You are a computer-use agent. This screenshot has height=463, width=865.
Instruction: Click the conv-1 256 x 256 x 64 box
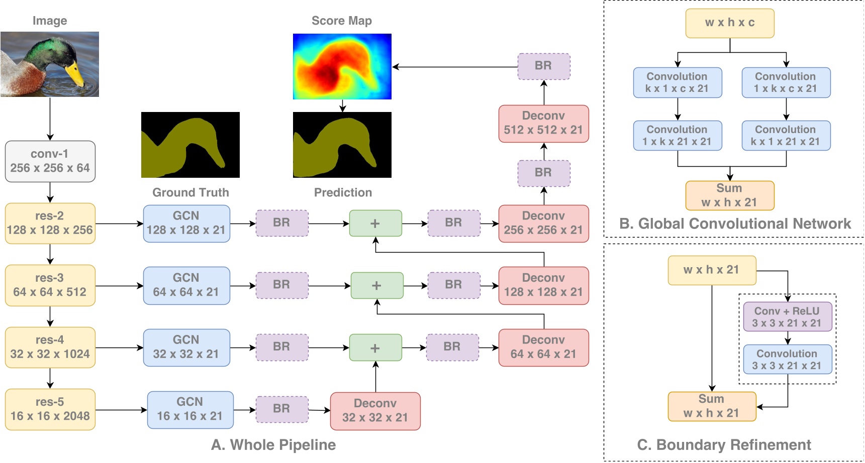coord(50,161)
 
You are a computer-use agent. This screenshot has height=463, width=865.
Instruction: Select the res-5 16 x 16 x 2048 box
coord(50,409)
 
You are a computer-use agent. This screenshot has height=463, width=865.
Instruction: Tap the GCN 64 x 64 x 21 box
coord(186,285)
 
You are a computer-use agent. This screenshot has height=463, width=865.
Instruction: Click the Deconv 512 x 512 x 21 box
coord(543,124)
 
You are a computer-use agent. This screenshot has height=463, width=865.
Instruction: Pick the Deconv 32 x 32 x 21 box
coord(375,411)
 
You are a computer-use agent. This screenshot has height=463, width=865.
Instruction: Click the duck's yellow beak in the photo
coord(75,73)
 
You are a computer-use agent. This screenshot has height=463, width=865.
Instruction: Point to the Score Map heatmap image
coord(342,66)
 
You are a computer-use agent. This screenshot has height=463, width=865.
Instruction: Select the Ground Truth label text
coord(190,192)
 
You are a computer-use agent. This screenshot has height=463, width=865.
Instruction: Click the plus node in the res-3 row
coord(376,285)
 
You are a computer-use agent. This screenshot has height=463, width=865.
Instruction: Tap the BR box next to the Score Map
coord(543,66)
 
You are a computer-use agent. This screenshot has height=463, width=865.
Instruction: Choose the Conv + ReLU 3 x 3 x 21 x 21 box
coord(787,317)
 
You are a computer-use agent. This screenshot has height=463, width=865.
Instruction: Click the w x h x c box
coord(729,23)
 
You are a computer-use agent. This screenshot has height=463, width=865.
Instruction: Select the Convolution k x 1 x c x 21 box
coord(677,83)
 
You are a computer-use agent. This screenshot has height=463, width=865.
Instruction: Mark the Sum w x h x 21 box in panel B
coord(729,195)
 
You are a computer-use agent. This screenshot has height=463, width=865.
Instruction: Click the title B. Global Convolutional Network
coord(735,223)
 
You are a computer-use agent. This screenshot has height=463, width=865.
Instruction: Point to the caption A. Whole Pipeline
coord(273,444)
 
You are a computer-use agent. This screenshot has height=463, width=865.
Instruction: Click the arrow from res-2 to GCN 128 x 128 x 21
coord(119,223)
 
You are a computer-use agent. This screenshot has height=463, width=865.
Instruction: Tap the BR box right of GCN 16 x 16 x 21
coord(281,409)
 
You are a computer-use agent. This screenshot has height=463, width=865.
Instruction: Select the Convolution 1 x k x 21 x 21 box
coord(677,136)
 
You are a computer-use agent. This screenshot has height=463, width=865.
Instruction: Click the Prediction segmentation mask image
coord(342,145)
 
